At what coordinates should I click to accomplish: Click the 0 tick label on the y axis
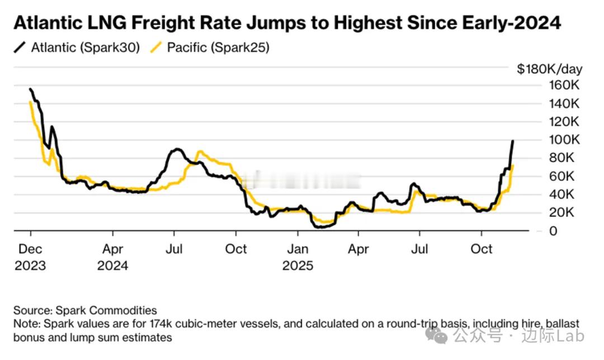[537, 231]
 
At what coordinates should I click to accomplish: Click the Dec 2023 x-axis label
[31, 257]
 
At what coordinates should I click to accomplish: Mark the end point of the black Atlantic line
[513, 141]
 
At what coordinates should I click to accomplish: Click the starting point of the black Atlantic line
[30, 89]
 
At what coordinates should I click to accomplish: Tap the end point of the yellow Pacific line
[513, 165]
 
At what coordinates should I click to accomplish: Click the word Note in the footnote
[25, 324]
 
